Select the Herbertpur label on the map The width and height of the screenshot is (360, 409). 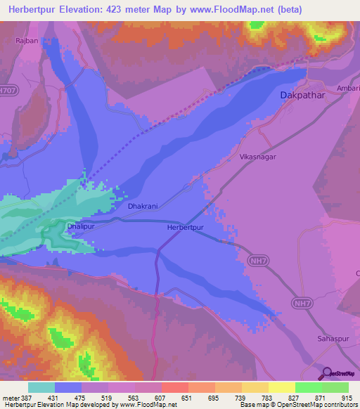pyautogui.click(x=186, y=228)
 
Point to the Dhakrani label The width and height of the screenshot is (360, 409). pyautogui.click(x=143, y=207)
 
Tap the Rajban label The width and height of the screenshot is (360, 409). pyautogui.click(x=27, y=41)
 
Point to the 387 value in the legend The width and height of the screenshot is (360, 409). pyautogui.click(x=25, y=398)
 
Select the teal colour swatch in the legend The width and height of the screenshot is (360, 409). pyautogui.click(x=41, y=387)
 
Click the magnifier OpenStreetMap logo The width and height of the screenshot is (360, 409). pyautogui.click(x=326, y=373)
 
